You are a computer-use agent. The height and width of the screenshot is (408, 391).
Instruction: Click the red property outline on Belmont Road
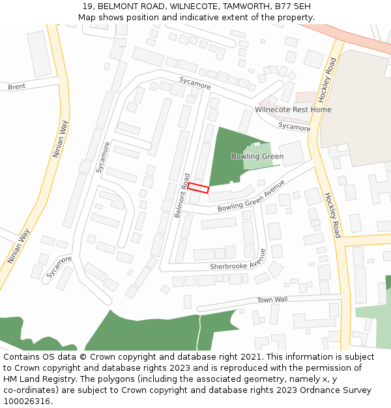click(198, 188)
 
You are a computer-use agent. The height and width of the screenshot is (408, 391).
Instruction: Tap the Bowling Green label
click(257, 157)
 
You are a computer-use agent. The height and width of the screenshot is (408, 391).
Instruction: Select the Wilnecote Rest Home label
click(293, 110)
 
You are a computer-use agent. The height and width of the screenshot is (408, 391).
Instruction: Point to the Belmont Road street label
click(181, 195)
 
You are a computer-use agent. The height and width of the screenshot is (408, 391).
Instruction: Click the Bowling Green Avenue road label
click(252, 195)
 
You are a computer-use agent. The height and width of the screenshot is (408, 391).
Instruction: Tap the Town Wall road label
click(272, 300)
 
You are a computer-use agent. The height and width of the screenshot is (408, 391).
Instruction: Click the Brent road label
click(17, 87)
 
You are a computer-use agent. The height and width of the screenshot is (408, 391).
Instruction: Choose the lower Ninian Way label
click(19, 246)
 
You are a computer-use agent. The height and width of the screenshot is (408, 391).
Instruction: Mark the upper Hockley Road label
click(326, 80)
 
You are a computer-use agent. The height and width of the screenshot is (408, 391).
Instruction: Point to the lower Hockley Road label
click(332, 215)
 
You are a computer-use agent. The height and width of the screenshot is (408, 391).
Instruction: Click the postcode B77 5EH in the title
click(293, 6)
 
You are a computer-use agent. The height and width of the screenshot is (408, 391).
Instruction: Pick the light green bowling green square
click(257, 155)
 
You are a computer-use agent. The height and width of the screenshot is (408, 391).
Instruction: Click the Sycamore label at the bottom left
click(59, 268)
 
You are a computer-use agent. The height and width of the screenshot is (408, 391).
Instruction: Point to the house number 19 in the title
click(88, 6)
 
